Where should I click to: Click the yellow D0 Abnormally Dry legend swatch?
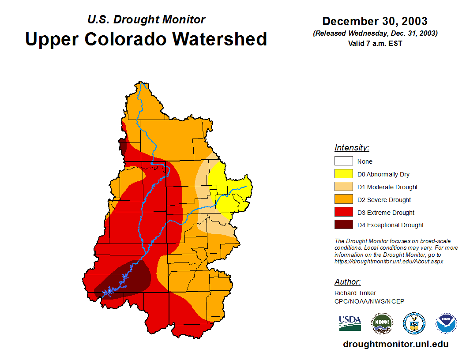pos(343,174)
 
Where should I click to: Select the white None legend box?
pos(343,161)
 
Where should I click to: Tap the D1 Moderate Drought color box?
pos(343,187)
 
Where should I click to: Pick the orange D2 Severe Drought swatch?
pos(343,199)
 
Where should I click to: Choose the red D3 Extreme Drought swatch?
pos(343,212)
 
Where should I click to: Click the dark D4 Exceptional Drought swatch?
pos(343,225)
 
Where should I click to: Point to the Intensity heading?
pos(352,148)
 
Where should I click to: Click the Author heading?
pos(347,282)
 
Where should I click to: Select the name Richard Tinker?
pos(355,293)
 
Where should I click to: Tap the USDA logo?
pos(350,323)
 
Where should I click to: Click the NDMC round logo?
pos(382,323)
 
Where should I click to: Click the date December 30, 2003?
pos(375,21)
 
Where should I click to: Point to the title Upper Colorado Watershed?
pos(146,39)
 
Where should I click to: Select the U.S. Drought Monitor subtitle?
pos(146,19)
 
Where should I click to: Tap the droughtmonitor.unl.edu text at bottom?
pos(395,344)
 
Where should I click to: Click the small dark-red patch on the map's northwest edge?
pos(122,145)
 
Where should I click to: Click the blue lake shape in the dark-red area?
pos(109,291)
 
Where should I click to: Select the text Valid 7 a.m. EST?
pos(375,43)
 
